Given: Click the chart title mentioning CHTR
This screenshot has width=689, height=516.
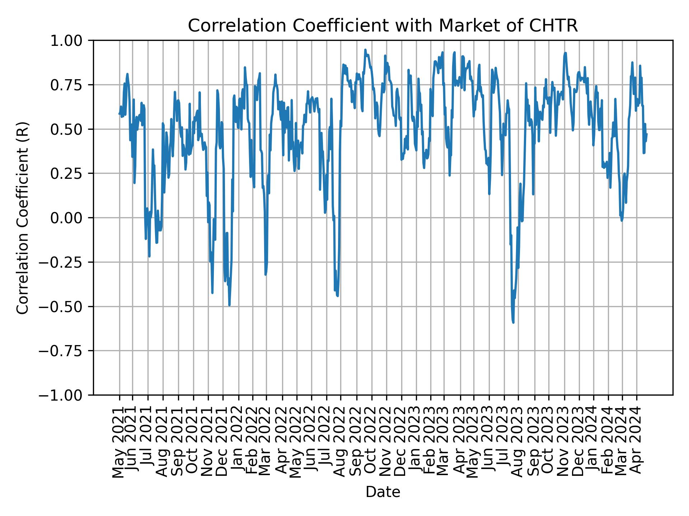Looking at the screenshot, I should point(383,26).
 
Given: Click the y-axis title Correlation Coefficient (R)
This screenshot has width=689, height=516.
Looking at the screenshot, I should point(22,218).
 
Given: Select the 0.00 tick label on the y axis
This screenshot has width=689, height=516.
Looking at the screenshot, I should point(71,218).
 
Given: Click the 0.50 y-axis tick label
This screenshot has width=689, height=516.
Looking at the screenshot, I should point(71,129).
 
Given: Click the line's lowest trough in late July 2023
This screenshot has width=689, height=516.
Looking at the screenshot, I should point(513,322).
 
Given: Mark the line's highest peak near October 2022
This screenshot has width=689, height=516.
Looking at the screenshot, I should point(365,50).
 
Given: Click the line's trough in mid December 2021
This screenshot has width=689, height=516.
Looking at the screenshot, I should point(229,305).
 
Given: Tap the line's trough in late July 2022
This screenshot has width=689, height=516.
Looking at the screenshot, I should point(338,296).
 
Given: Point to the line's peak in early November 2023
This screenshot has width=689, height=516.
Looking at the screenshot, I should point(566,53).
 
